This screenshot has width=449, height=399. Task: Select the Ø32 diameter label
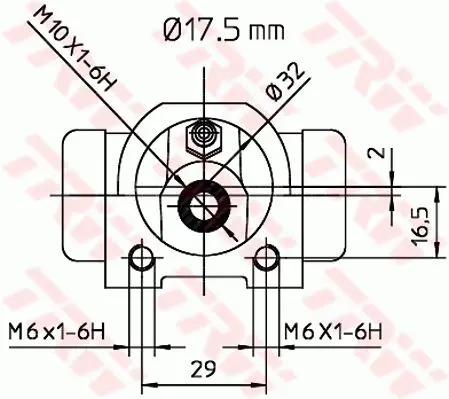(286, 82)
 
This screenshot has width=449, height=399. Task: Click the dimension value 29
(203, 368)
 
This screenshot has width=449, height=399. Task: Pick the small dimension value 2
(376, 153)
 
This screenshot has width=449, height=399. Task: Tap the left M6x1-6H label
(57, 331)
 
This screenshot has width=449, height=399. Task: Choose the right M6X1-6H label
(333, 331)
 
